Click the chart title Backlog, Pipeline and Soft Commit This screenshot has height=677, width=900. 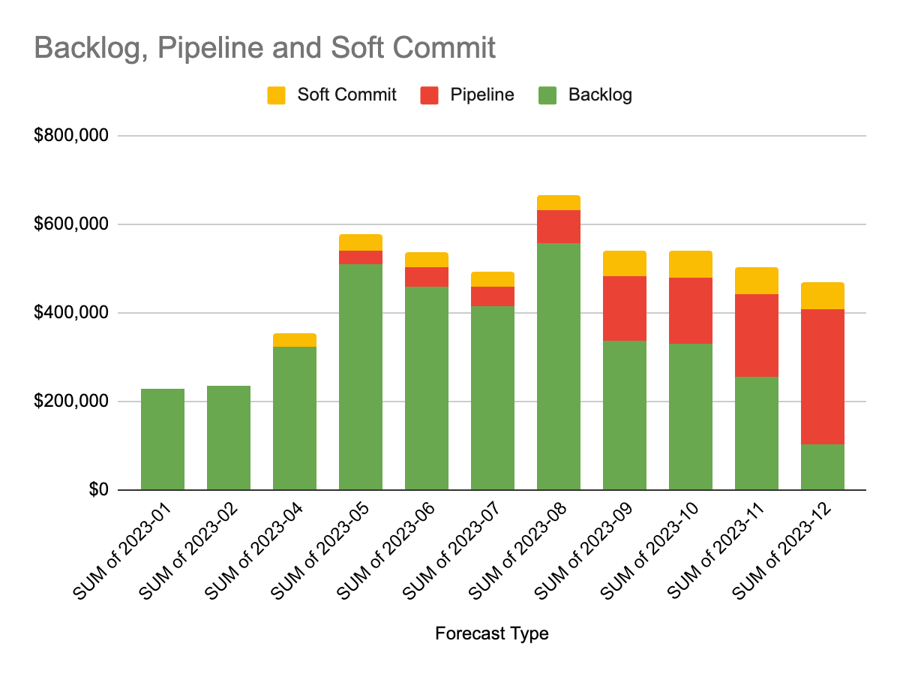(265, 47)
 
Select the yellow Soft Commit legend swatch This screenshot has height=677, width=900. (277, 95)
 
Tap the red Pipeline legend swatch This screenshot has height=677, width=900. (429, 95)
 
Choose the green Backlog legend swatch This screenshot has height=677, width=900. (547, 95)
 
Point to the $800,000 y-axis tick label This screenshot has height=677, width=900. (72, 136)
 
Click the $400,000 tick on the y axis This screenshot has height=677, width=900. (72, 313)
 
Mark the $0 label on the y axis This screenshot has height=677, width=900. (99, 490)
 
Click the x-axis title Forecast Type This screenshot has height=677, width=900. (491, 633)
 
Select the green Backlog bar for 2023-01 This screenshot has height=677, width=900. (163, 439)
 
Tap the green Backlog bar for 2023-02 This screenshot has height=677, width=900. (229, 438)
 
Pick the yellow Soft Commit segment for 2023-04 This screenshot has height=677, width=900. (295, 340)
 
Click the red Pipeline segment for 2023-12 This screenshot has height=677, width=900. (823, 376)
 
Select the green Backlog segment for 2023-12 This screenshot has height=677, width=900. (823, 467)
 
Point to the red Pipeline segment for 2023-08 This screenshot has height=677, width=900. (559, 227)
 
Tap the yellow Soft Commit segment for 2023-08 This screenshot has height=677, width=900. (559, 203)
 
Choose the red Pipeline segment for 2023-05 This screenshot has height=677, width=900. (361, 257)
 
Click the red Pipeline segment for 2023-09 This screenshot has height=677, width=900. (625, 308)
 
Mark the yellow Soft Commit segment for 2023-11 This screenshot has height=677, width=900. (757, 281)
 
